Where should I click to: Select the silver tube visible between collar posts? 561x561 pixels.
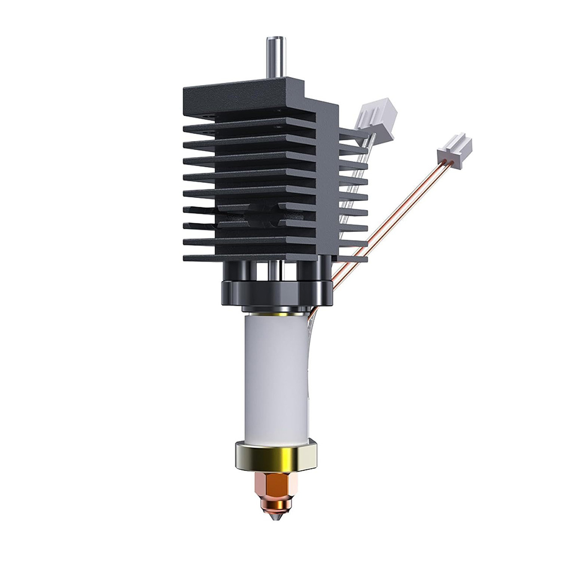273,269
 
